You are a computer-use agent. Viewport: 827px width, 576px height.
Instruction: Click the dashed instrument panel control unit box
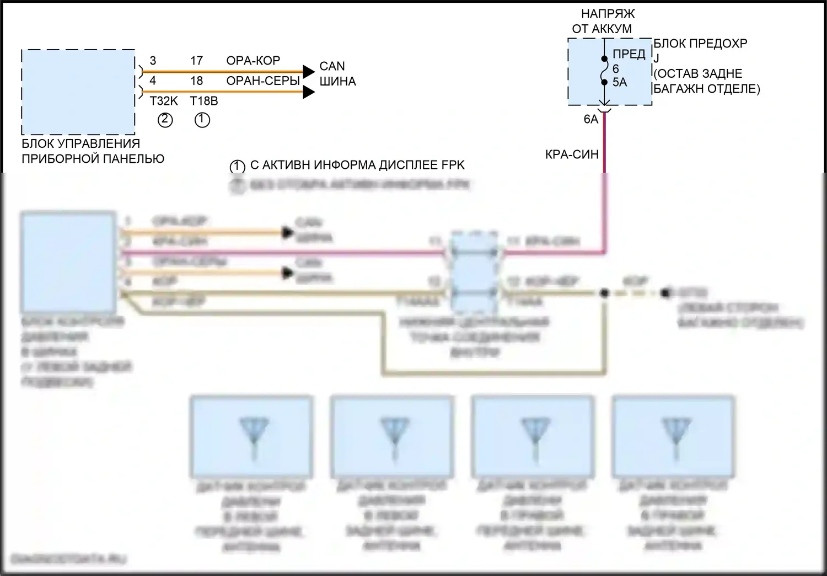coord(78,92)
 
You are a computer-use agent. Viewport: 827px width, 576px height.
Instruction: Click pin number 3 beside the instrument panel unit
coord(153,61)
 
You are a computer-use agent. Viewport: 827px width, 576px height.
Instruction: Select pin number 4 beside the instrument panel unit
coord(153,81)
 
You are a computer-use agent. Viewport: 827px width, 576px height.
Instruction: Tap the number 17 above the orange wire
coord(197,61)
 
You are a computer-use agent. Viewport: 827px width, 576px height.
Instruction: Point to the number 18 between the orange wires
coord(197,81)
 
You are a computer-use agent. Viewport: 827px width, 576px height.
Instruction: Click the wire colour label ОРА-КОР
coord(253,61)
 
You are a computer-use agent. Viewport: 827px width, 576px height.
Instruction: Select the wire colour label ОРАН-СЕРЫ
coord(263,81)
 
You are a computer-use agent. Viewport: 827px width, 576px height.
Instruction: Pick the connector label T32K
coord(164,101)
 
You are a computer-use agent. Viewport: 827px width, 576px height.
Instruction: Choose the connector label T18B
coord(204,101)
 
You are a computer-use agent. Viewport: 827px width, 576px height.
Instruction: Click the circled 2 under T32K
coord(165,119)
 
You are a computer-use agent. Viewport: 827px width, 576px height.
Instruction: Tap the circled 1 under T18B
coord(202,119)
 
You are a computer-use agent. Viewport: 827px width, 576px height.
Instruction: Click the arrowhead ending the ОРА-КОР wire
coord(308,71)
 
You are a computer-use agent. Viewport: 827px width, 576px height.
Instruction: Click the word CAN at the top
coord(332,66)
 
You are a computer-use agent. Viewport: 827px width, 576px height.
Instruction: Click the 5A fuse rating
coord(620,82)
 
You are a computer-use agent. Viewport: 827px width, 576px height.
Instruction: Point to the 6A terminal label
coord(590,119)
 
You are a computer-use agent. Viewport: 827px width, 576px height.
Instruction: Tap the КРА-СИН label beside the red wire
coord(572,155)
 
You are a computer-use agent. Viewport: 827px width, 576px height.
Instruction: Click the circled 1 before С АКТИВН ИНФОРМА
coord(237,166)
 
